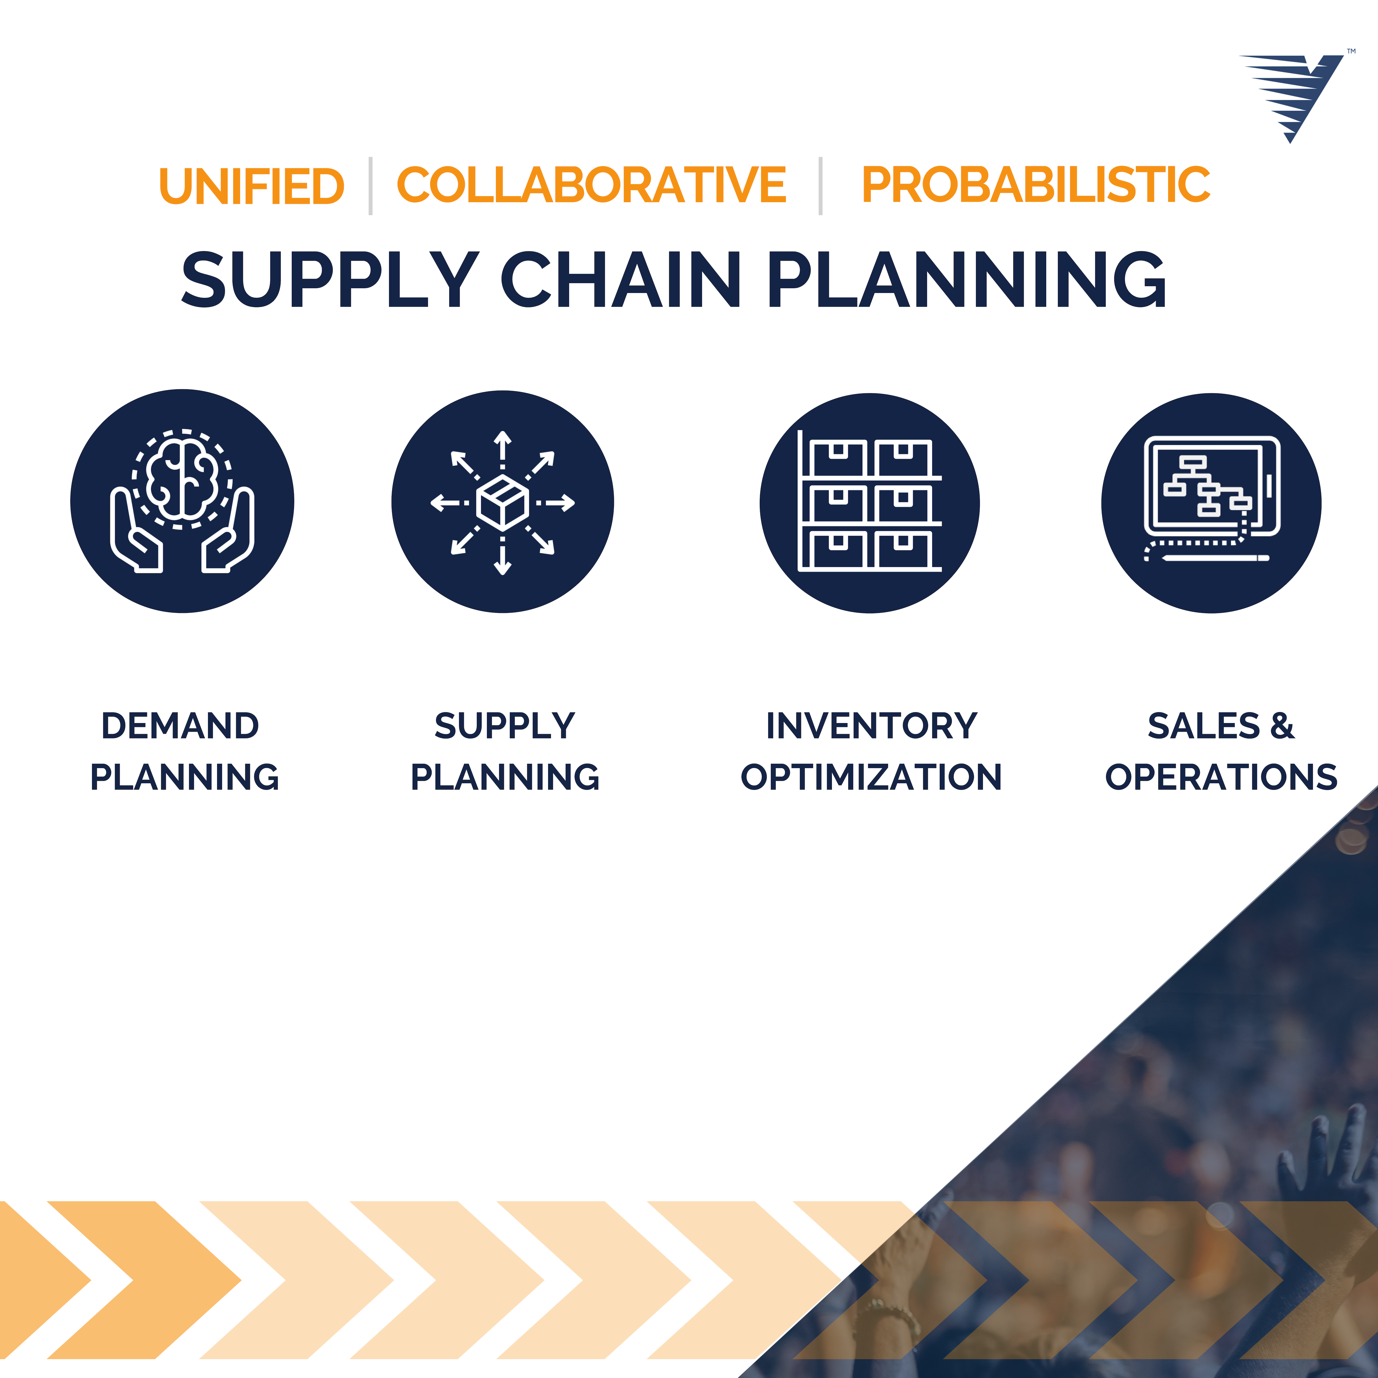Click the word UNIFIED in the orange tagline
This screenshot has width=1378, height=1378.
[252, 185]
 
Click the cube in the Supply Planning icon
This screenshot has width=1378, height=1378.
[503, 502]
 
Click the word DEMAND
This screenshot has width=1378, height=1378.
[180, 726]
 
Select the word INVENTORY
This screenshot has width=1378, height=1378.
[872, 726]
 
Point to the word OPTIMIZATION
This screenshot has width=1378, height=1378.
[872, 777]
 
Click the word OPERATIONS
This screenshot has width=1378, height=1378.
[1221, 777]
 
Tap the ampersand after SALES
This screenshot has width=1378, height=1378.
[1282, 726]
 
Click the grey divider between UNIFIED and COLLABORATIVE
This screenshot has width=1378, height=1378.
[370, 185]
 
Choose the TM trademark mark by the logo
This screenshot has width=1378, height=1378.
[1351, 51]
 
